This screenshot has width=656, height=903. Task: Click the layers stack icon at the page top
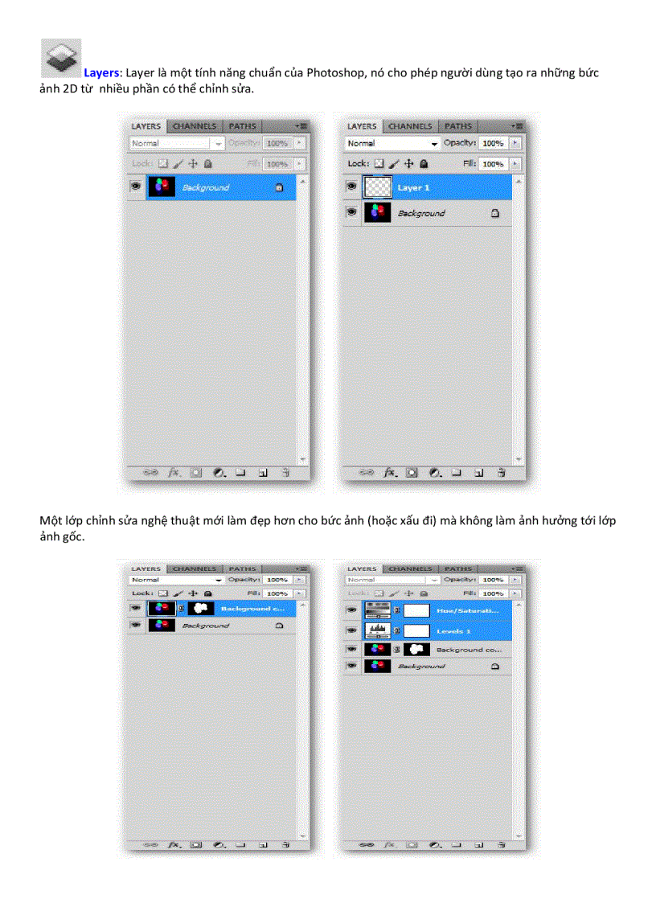tap(60, 59)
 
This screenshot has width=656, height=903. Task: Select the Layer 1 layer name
tap(414, 188)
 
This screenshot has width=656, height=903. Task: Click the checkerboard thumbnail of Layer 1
tap(376, 187)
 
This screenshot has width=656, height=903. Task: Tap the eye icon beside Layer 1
tap(351, 187)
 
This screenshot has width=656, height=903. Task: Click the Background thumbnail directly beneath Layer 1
tap(376, 213)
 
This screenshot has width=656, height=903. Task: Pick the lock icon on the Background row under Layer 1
tap(495, 213)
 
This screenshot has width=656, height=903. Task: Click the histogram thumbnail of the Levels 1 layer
tap(377, 630)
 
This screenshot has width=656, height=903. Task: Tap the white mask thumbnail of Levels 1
tap(416, 630)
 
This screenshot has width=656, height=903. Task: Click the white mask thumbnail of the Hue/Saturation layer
tap(416, 610)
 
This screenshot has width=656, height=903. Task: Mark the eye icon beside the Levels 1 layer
tap(351, 631)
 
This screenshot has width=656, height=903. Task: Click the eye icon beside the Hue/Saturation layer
tap(351, 610)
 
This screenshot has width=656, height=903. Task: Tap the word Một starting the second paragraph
tap(50, 521)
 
